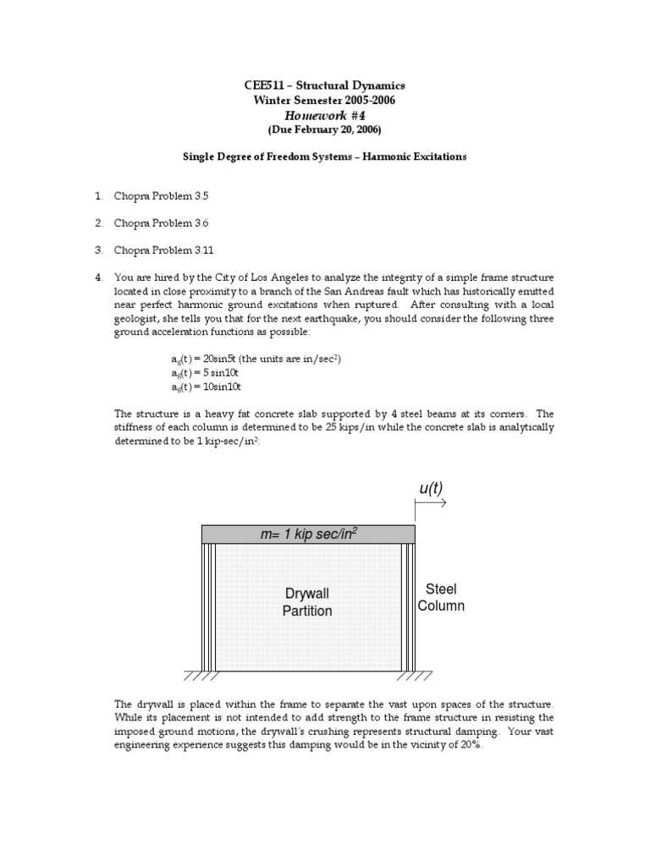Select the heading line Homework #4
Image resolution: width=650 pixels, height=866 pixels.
[x=324, y=115]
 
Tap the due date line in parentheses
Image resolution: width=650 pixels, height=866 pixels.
[x=324, y=129]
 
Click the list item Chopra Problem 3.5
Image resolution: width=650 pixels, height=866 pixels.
[x=161, y=196]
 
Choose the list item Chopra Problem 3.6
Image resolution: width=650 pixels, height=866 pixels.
[x=161, y=223]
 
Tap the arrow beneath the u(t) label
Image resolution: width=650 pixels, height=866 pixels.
[x=431, y=503]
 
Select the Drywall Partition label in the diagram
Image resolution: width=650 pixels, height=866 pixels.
[x=307, y=602]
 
